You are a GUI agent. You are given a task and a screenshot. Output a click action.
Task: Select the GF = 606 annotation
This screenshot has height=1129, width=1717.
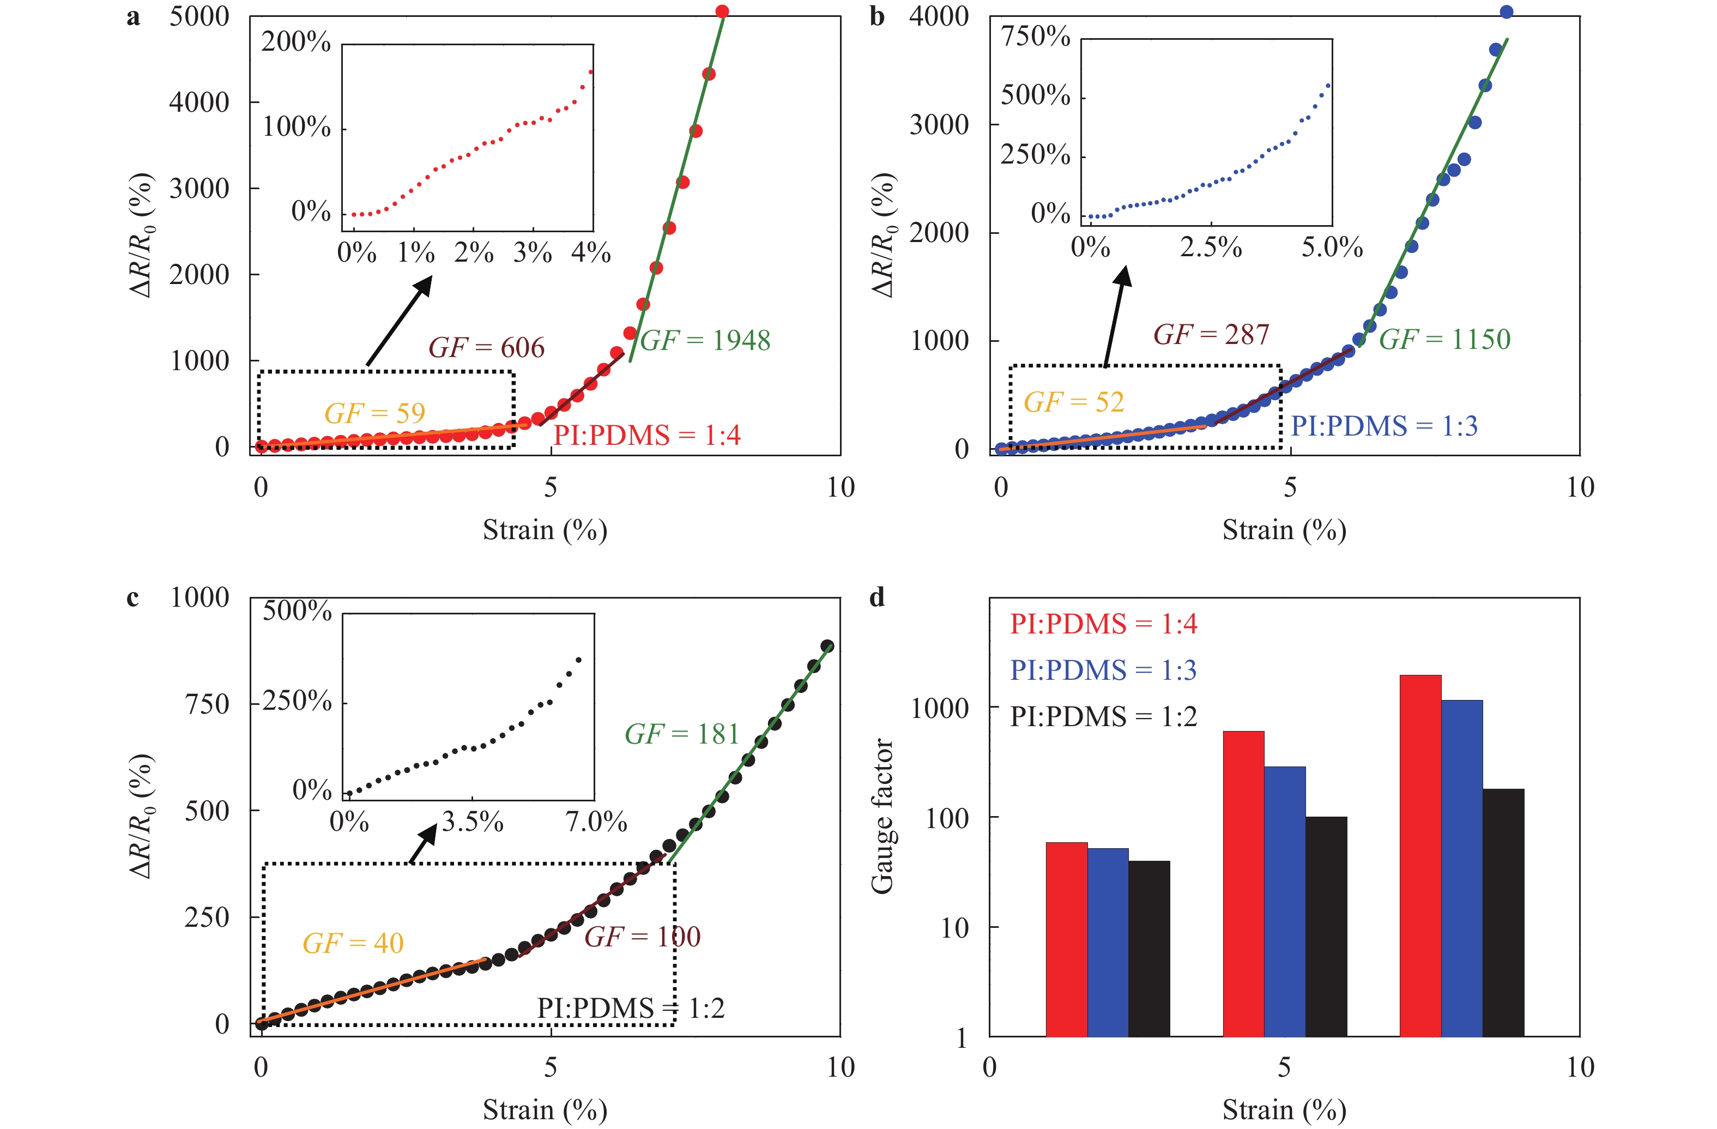click(486, 348)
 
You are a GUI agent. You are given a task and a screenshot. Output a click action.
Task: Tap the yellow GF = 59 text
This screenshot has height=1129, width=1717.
click(374, 413)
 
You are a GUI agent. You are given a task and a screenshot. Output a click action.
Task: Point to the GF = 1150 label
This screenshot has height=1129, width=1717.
click(1444, 339)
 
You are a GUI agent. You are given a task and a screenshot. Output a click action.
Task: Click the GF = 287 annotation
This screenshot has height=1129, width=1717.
click(1211, 334)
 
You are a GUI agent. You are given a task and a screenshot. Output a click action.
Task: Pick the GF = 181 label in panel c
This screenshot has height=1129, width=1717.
click(682, 734)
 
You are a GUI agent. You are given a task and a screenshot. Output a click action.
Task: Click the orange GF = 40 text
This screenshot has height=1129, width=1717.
click(353, 943)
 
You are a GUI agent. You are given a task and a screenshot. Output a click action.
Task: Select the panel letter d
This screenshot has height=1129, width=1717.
click(876, 597)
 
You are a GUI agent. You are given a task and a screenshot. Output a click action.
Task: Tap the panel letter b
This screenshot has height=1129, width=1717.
click(876, 16)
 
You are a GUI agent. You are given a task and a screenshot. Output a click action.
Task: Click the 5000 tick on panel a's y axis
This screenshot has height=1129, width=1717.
click(199, 16)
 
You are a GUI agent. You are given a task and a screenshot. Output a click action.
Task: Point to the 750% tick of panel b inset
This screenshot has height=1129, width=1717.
click(1035, 36)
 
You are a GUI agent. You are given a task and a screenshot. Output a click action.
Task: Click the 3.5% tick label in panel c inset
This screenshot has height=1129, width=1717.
click(472, 822)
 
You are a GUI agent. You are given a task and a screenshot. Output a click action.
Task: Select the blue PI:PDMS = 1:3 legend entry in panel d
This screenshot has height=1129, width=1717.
click(1103, 670)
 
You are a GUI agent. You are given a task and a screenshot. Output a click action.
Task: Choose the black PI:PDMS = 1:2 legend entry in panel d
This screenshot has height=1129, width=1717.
click(1103, 716)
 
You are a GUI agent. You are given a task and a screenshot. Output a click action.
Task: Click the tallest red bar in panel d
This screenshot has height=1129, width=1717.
click(1420, 855)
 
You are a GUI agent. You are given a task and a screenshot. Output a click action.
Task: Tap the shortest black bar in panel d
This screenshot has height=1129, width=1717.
click(1148, 949)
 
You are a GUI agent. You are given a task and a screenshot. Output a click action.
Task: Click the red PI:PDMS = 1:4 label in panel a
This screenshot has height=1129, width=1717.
click(646, 435)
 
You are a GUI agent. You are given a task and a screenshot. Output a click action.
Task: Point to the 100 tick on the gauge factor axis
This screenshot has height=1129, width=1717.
click(947, 818)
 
